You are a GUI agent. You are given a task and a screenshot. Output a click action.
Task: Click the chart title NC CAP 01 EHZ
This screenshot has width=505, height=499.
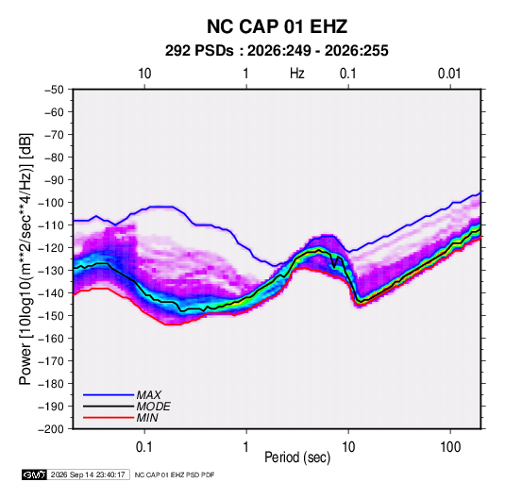[277, 26]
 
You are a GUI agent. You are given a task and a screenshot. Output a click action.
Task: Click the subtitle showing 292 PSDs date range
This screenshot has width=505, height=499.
[277, 51]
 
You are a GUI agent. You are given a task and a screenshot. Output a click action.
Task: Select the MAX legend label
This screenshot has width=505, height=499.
[148, 394]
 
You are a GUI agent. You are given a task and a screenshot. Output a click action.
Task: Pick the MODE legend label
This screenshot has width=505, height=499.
[153, 407]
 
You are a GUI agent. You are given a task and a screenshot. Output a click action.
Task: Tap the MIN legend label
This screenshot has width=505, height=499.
[147, 418]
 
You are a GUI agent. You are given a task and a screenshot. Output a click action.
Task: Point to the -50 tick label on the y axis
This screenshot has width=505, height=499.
[54, 90]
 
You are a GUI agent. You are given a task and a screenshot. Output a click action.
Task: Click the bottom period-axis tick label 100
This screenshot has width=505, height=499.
[450, 447]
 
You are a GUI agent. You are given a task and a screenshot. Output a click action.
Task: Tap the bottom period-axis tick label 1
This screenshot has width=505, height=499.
[246, 447]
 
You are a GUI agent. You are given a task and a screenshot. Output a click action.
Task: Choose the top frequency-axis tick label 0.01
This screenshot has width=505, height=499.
[449, 74]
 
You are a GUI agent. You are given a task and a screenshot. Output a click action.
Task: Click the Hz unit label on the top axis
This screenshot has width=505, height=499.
[297, 74]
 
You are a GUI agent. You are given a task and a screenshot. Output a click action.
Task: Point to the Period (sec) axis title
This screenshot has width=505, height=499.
[297, 457]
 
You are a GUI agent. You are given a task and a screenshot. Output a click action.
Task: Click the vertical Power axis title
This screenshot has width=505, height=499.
[25, 258]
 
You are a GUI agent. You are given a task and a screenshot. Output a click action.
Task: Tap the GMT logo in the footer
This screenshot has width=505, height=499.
[34, 474]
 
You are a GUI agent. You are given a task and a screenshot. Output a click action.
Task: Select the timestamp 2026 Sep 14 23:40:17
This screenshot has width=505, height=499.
[88, 474]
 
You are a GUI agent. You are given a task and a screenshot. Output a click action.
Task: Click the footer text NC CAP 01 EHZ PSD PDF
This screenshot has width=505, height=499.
[175, 474]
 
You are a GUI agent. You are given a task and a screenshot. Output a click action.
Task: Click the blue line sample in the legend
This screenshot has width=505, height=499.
[109, 394]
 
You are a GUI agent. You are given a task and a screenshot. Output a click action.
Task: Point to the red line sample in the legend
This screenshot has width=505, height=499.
[109, 418]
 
